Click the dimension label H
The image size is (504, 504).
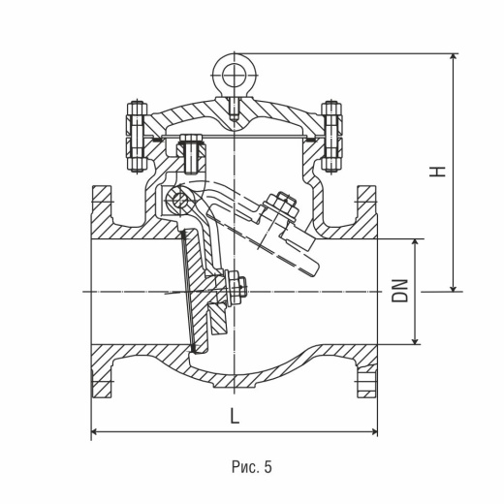437,172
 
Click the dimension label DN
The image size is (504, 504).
400,291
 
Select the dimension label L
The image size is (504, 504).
235,416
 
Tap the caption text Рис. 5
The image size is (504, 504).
252,467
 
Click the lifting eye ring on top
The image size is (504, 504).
235,62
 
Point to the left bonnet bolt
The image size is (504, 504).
137,137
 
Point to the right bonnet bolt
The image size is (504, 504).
331,137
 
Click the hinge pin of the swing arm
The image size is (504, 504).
180,201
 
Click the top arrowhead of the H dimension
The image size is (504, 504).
454,57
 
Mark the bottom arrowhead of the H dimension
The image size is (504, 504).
454,287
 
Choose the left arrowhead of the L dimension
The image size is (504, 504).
96,431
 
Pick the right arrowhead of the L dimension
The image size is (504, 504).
373,431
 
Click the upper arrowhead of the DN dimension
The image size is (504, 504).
416,244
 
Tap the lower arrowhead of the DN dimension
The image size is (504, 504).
416,339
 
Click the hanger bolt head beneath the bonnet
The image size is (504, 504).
191,140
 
